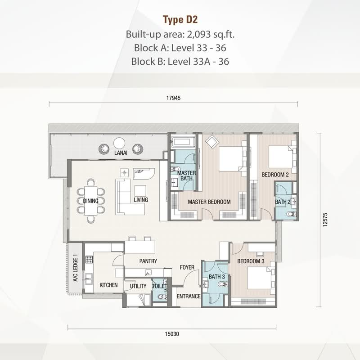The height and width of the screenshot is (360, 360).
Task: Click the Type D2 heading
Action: [180, 20]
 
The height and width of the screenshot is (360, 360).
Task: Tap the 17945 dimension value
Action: [174, 98]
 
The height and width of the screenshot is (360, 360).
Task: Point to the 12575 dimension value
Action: [325, 220]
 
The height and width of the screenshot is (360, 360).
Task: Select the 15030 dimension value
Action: [172, 334]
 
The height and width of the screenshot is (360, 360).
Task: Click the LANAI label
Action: [121, 153]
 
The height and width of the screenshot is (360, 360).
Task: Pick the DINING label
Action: [91, 201]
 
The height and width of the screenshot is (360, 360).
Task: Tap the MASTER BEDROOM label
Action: [209, 202]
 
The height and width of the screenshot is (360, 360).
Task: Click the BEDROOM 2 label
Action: [275, 175]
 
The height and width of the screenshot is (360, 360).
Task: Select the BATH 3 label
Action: [217, 277]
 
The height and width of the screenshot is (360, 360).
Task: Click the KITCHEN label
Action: [108, 285]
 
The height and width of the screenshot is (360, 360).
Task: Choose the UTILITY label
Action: [138, 286]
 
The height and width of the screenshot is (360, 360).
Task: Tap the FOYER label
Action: [187, 267]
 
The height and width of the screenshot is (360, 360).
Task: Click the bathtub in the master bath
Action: [183, 142]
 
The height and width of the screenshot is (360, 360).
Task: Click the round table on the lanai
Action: [119, 143]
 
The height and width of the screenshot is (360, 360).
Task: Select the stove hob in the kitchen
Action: [89, 260]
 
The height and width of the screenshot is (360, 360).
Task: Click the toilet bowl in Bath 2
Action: [291, 215]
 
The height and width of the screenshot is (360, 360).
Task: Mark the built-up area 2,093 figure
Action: [199, 35]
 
